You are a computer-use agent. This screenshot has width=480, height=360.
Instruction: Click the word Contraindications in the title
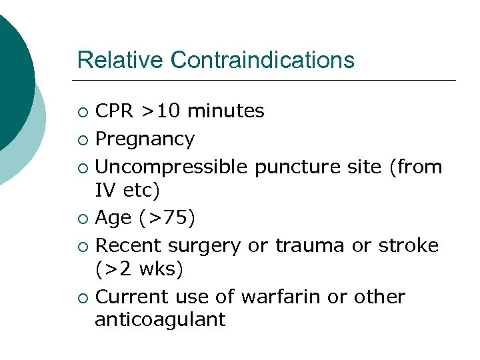click(262, 60)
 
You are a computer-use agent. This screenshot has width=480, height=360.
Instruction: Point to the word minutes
click(227, 111)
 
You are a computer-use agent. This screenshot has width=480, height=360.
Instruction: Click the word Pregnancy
click(145, 139)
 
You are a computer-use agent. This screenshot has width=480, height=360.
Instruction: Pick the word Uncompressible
click(171, 167)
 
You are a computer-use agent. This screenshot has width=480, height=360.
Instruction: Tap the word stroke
click(407, 245)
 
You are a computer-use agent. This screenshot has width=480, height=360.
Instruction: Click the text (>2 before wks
click(115, 269)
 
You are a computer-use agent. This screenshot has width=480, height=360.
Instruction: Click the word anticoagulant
click(160, 320)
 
